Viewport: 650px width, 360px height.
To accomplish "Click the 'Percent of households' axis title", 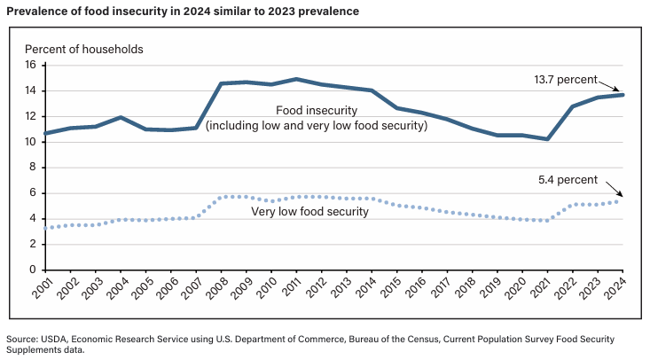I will pos(84,48).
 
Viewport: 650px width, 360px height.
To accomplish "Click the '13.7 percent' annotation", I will pos(567,79).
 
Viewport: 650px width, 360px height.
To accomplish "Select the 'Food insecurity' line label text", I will pos(316,110).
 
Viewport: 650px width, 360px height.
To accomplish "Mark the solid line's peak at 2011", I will pos(295,79).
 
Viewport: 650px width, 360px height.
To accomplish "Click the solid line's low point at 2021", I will pos(548,138).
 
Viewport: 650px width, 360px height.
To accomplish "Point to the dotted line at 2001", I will pos(45,228).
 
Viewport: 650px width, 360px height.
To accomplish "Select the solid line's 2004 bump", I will pos(121,117).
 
